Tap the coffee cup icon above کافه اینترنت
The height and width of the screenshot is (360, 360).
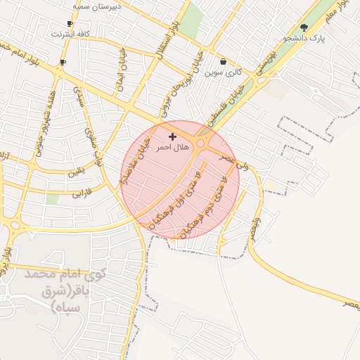[70, 24]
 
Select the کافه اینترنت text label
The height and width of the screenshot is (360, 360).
[70, 33]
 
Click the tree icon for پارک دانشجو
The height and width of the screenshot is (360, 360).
[304, 27]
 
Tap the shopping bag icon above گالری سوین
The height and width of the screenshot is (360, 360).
[224, 61]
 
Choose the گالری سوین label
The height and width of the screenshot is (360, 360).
[224, 72]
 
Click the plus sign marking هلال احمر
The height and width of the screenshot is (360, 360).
[172, 136]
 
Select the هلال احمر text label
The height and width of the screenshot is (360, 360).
[172, 148]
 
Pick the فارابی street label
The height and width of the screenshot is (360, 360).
[82, 193]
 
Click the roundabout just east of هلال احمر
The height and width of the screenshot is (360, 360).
[202, 143]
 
